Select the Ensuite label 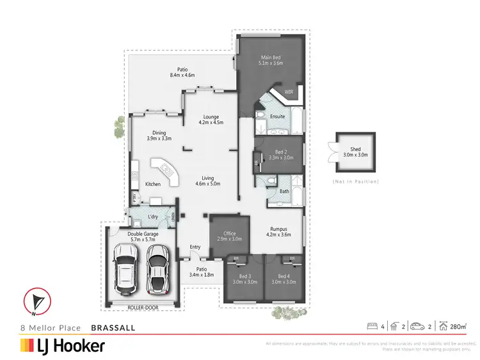click(278, 116)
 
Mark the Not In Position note click(356, 182)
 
